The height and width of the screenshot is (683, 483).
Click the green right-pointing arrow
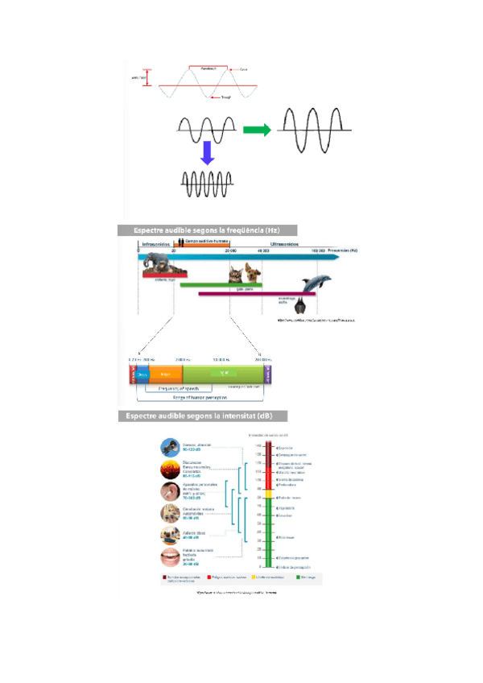(x=256, y=130)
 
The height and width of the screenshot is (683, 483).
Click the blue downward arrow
(x=207, y=153)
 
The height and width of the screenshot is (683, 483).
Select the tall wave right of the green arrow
(x=315, y=130)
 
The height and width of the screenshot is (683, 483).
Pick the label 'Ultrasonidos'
(x=286, y=242)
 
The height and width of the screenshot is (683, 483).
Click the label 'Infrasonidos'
(x=156, y=242)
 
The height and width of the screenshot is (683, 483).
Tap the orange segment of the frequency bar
(x=164, y=374)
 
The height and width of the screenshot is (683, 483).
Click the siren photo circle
(x=170, y=448)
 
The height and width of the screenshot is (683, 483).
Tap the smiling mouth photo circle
(x=169, y=557)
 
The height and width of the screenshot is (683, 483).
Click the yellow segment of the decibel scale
(x=269, y=497)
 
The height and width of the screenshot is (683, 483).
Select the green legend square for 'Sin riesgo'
(x=298, y=577)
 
